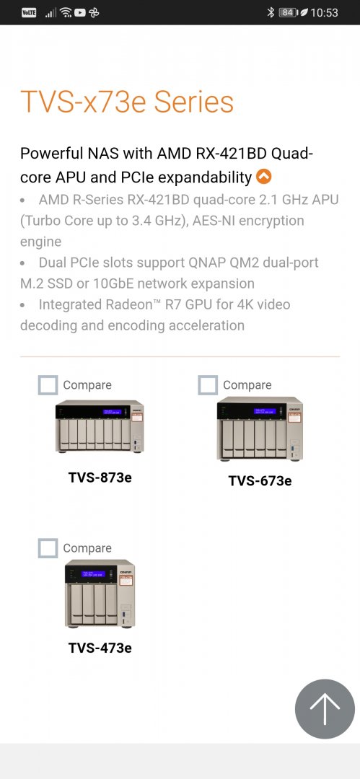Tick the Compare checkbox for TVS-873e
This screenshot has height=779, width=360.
[x=48, y=385]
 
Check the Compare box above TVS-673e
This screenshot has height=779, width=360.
[x=208, y=385]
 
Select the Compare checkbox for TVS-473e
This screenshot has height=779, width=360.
[x=48, y=548]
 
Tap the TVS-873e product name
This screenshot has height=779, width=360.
[x=100, y=477]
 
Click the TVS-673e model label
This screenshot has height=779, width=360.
[x=260, y=481]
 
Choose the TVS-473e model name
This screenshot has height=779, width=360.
[x=100, y=648]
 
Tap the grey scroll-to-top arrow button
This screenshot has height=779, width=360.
[x=325, y=708]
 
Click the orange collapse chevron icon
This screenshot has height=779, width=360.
[x=263, y=177]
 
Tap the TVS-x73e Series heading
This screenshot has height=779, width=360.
[x=127, y=102]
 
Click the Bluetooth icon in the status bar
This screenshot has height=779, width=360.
[x=271, y=12]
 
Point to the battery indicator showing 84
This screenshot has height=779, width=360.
[x=288, y=12]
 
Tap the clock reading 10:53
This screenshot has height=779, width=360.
[x=324, y=12]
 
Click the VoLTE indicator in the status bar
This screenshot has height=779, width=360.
[x=29, y=12]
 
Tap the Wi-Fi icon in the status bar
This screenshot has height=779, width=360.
[x=65, y=12]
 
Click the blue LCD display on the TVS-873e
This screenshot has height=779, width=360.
[x=113, y=412]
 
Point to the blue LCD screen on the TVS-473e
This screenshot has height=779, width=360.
[x=94, y=574]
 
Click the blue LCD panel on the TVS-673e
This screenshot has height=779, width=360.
[x=265, y=411]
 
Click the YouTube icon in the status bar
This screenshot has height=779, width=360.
[x=80, y=12]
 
